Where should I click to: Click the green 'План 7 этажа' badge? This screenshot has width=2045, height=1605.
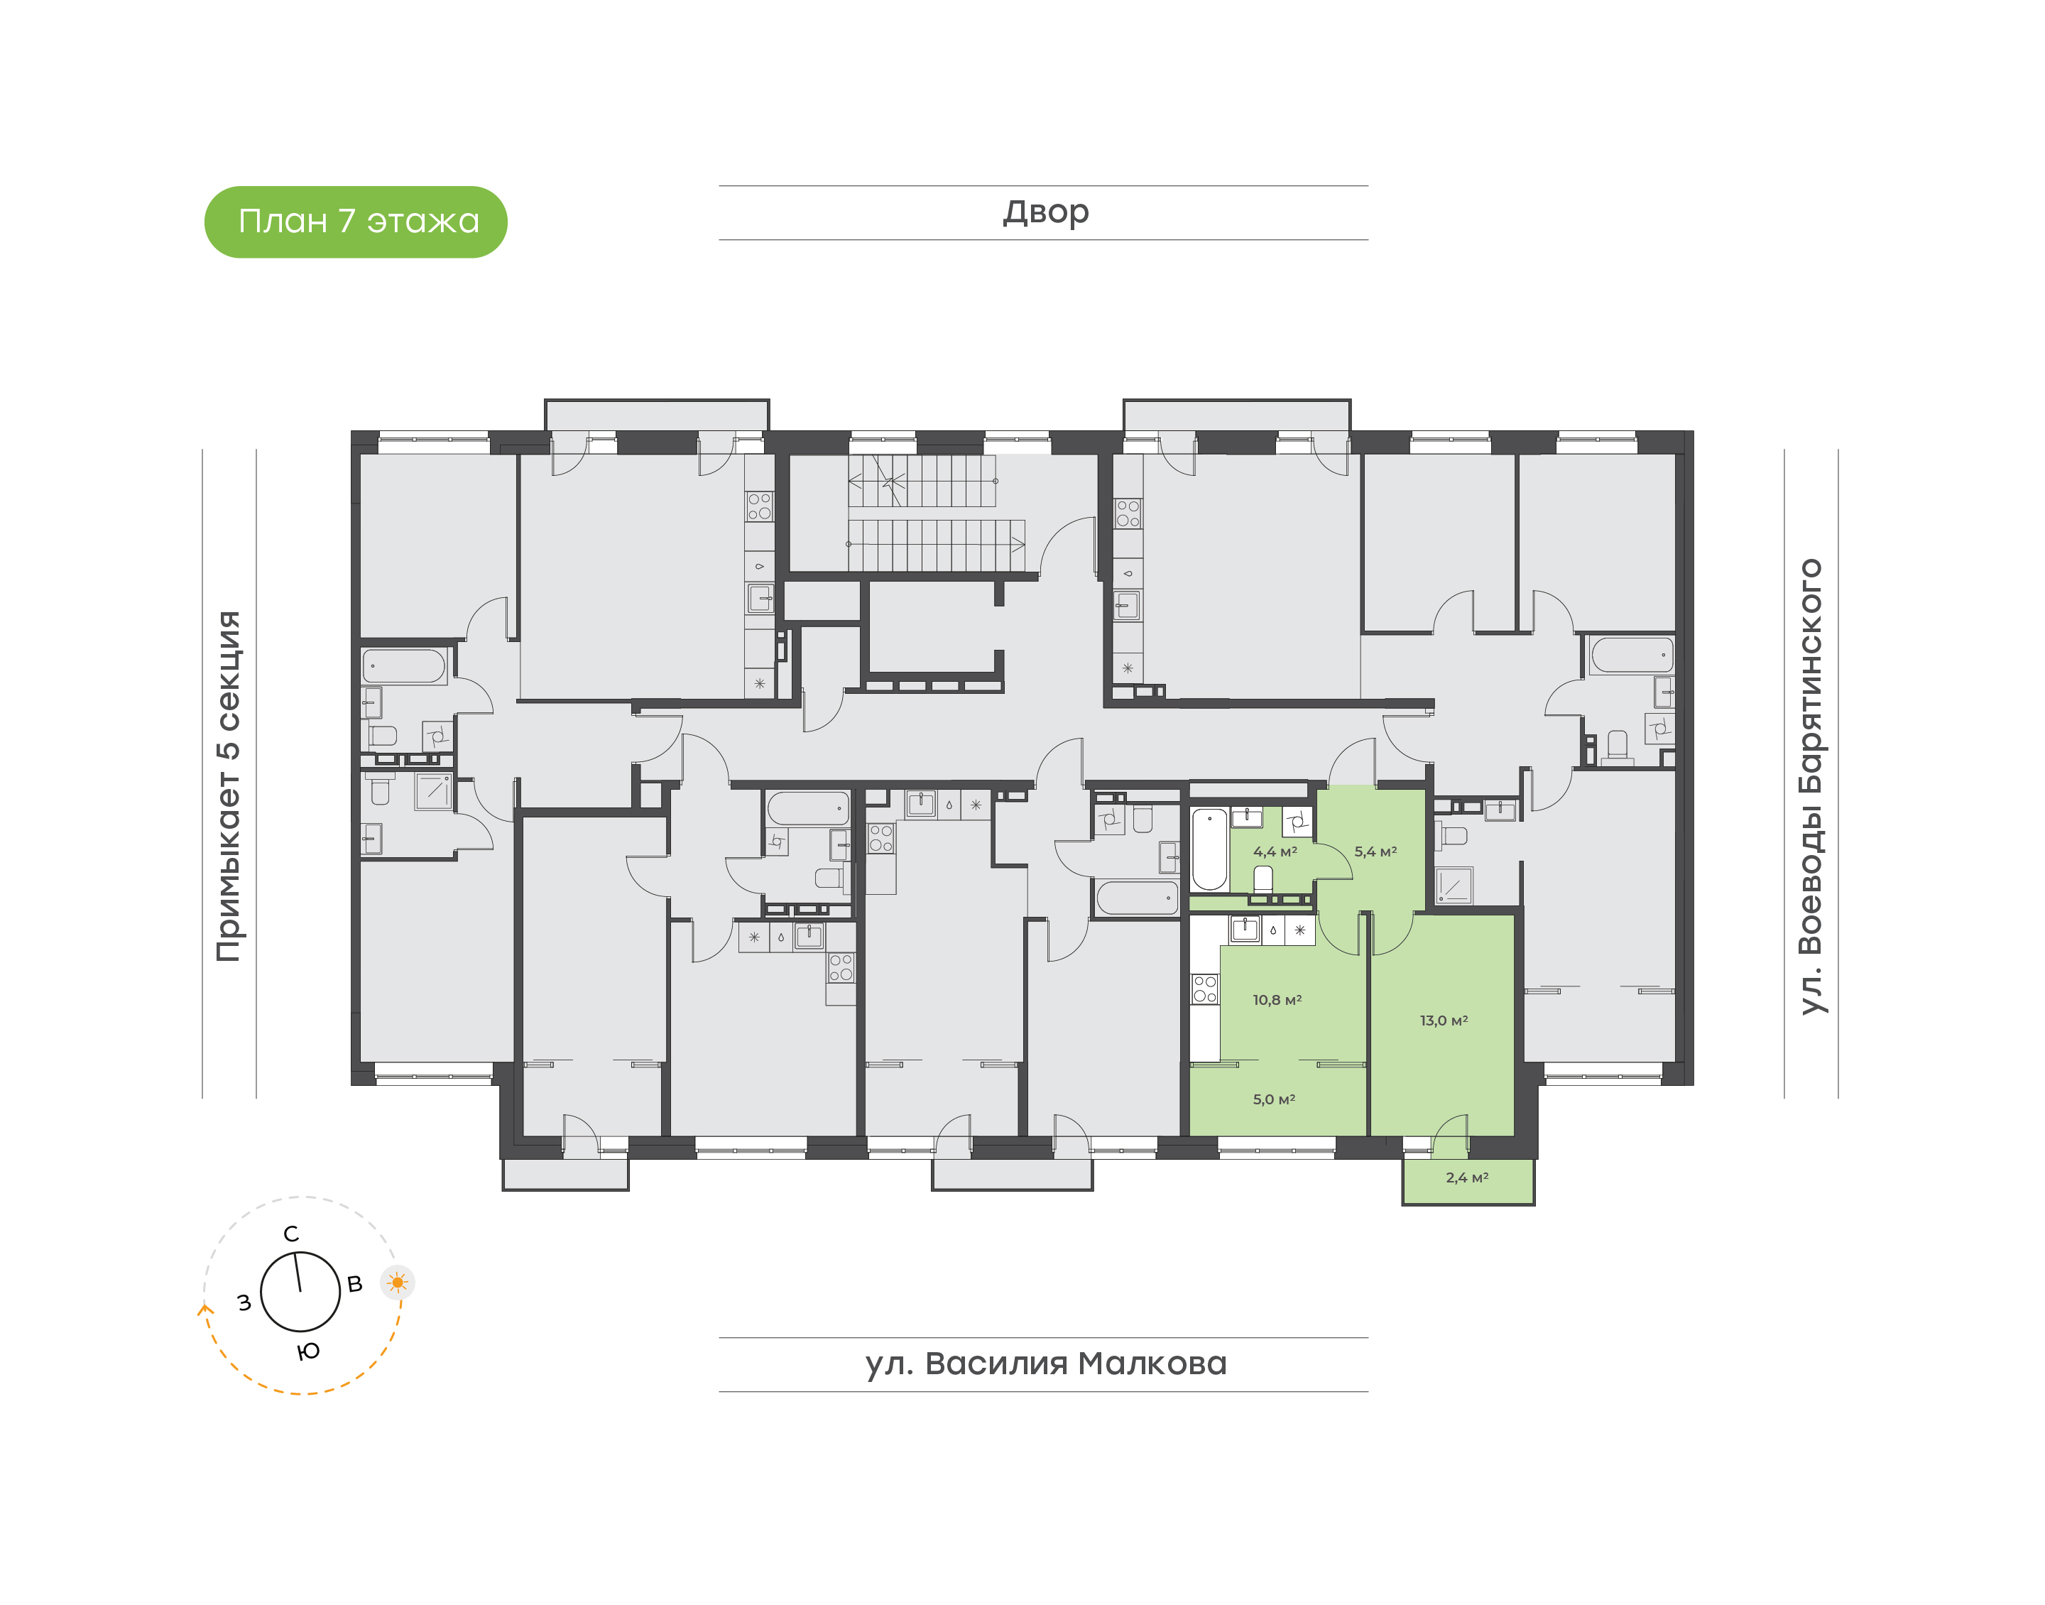click(355, 222)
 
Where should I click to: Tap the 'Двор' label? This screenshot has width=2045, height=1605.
click(1045, 212)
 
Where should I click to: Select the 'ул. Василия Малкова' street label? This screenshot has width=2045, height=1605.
click(1045, 1364)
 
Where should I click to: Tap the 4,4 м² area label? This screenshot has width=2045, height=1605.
click(1274, 852)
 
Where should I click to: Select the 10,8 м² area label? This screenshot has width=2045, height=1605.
click(1276, 1000)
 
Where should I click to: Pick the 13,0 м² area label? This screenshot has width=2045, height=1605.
click(1443, 1020)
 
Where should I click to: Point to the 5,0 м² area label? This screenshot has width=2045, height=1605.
click(1273, 1099)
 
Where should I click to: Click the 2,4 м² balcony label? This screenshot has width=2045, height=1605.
click(1466, 1177)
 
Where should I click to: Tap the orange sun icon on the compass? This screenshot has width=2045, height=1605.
click(398, 1282)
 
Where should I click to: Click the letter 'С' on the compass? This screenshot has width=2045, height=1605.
click(291, 1234)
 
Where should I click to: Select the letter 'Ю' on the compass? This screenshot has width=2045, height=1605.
click(308, 1351)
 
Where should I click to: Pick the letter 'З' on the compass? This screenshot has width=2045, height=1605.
click(244, 1302)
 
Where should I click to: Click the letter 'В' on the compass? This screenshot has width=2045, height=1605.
click(354, 1283)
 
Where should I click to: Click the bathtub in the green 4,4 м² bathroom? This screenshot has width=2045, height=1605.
click(1209, 849)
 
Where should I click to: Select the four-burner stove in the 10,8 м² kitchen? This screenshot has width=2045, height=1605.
click(1204, 989)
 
